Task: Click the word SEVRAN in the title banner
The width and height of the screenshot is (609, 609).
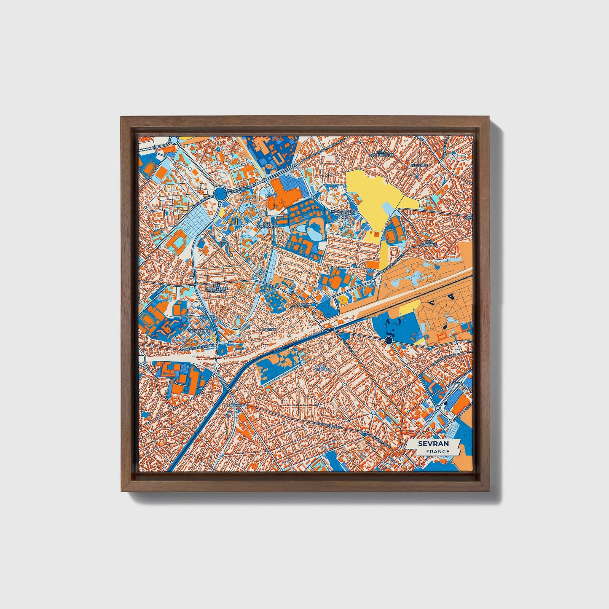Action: pyautogui.click(x=433, y=444)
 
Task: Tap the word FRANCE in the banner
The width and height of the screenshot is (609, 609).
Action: pyautogui.click(x=437, y=451)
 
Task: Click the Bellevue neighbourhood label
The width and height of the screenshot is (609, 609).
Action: pyautogui.click(x=419, y=166)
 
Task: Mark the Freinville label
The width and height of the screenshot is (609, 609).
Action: pyautogui.click(x=237, y=405)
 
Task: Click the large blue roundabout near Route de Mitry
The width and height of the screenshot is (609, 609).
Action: pyautogui.click(x=220, y=194)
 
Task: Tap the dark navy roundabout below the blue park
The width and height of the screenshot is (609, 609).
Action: pyautogui.click(x=389, y=340)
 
